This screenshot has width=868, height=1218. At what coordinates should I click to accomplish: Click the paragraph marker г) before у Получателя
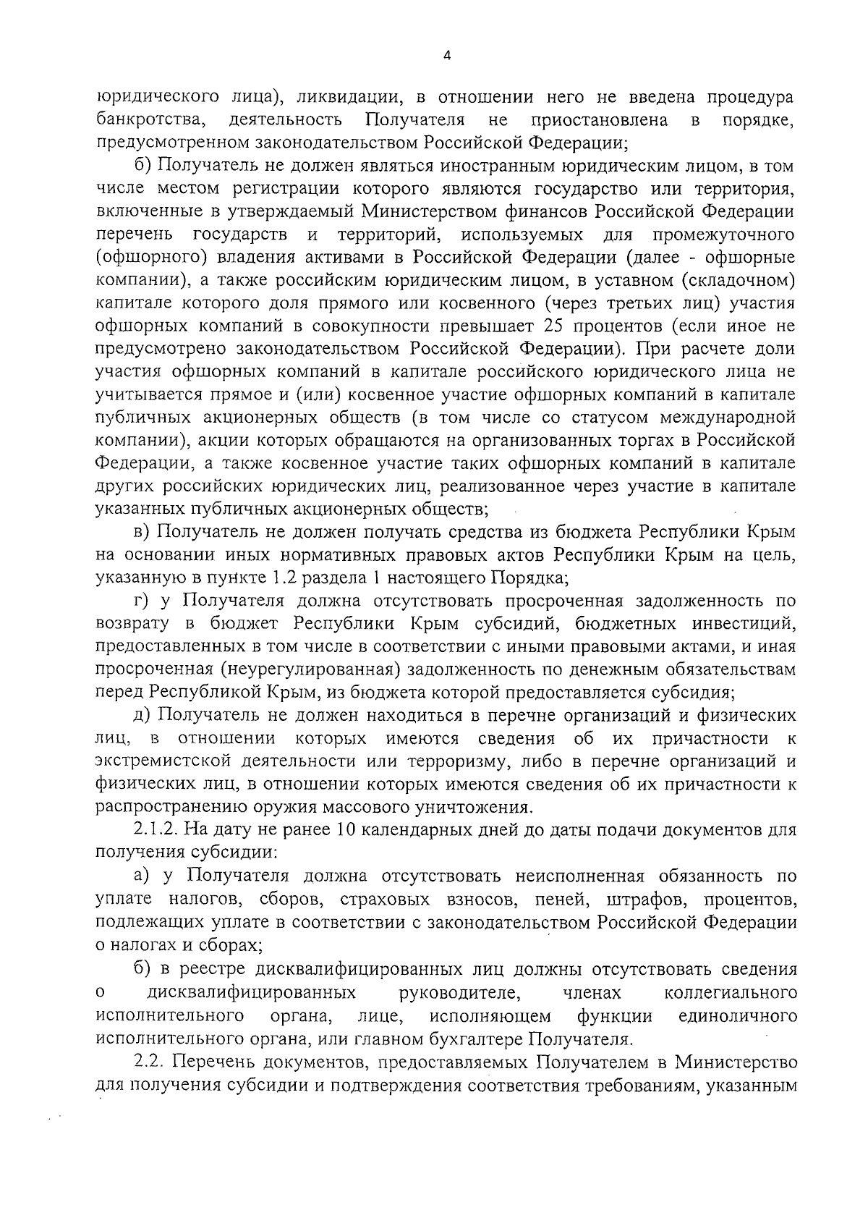tap(142, 601)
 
